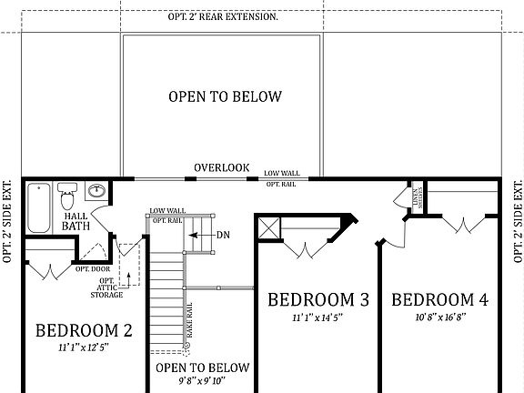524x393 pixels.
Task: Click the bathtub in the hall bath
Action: coord(38,207)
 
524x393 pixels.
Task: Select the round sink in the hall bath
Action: coord(96,192)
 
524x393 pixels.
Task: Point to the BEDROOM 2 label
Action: coord(84,330)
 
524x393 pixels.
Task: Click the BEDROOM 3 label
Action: coord(318,298)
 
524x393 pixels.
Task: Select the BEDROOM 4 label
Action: coord(438,298)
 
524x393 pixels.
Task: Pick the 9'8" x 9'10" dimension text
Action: coord(201,383)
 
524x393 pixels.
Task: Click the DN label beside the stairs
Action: coord(223,235)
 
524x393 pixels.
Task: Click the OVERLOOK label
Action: coord(221,167)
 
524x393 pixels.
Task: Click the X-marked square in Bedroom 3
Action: coord(267,227)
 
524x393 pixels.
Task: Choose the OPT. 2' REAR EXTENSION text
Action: coord(262,17)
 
